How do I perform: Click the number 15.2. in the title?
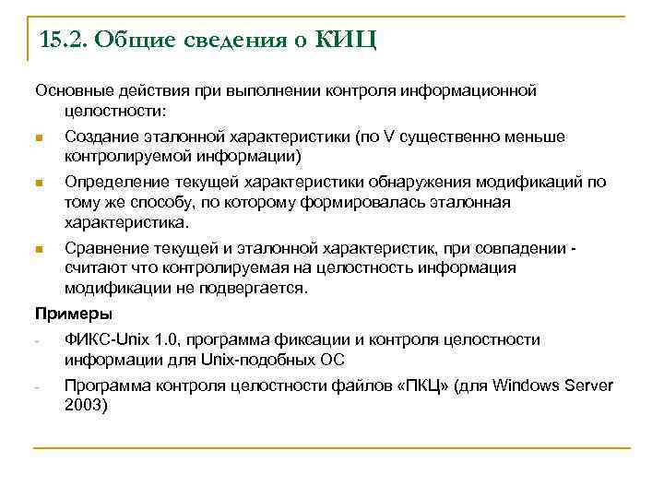coord(64,41)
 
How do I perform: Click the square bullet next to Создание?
coord(38,138)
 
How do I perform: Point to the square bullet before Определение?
coord(38,183)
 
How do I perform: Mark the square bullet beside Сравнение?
coord(38,249)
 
